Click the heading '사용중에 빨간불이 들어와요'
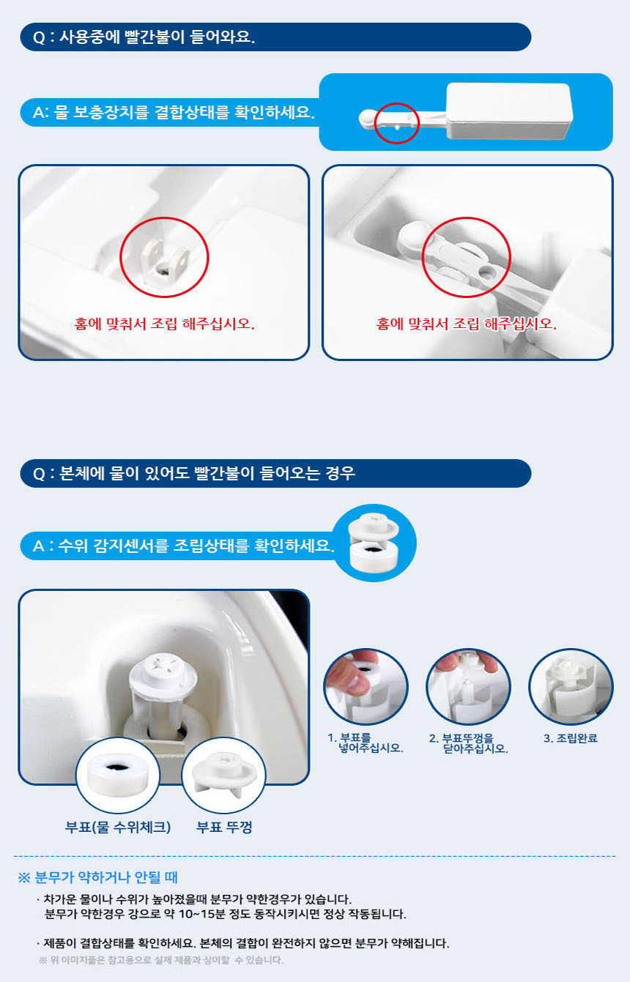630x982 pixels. [x=157, y=37]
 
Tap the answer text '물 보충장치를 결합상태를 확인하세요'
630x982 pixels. [x=184, y=113]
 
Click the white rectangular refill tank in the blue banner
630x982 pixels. [x=510, y=111]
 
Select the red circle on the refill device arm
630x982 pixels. [x=397, y=123]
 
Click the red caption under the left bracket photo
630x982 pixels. [x=164, y=324]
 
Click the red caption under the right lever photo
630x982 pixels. [x=467, y=324]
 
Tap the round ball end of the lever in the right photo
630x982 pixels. [x=412, y=237]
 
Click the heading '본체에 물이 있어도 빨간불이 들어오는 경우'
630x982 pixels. [x=207, y=474]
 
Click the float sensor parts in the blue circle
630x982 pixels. [x=374, y=543]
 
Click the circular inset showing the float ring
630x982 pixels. [x=118, y=775]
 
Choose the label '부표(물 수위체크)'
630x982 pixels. [x=118, y=827]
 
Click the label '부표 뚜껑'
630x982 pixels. [x=224, y=827]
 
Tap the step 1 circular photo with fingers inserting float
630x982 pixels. [x=366, y=687]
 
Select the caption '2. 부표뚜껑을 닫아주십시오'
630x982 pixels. [x=469, y=743]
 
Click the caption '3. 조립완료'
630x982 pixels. [x=571, y=738]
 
